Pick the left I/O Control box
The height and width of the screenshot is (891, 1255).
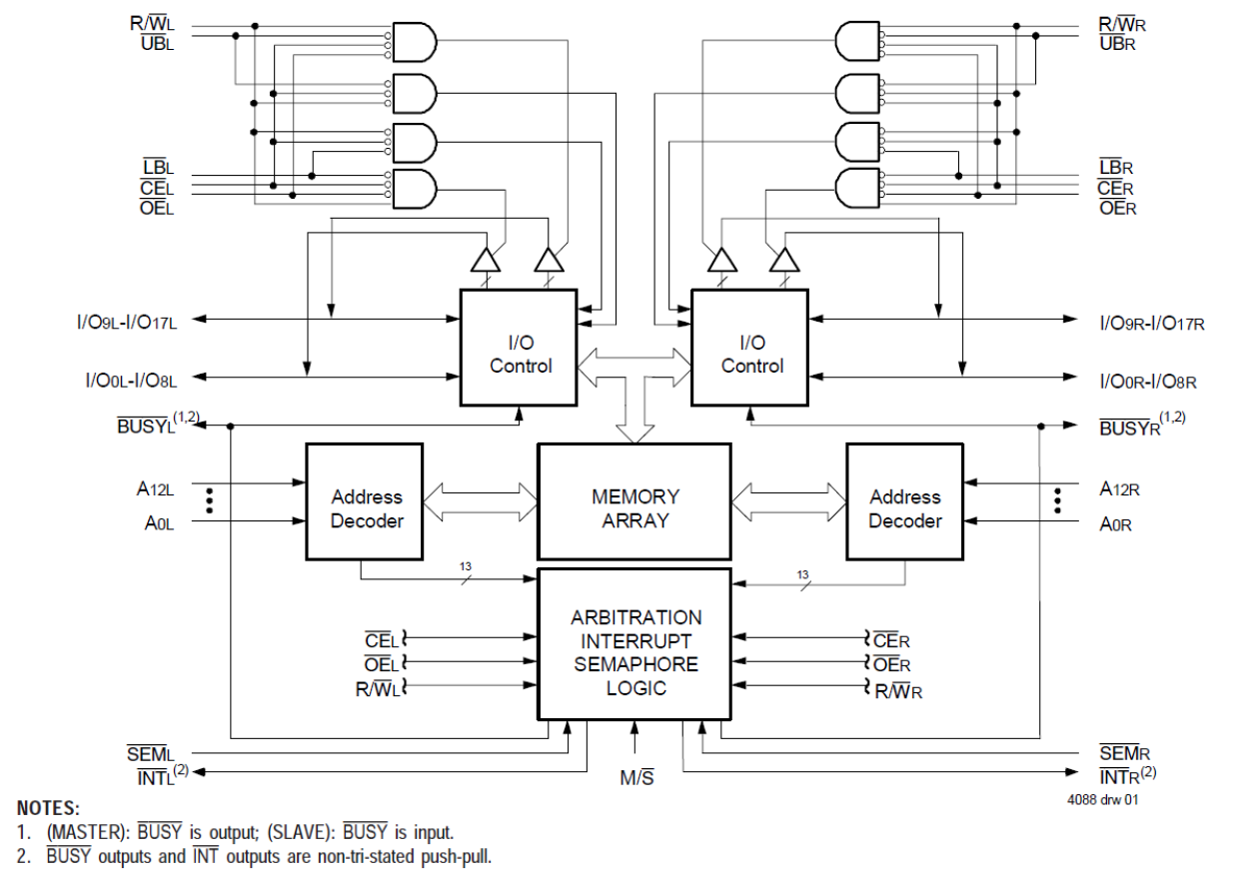point(520,348)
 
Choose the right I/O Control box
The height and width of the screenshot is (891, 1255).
point(751,348)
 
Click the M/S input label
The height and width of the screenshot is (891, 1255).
point(634,778)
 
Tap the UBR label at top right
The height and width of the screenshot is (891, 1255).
point(1117,44)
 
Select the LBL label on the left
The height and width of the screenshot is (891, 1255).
point(158,168)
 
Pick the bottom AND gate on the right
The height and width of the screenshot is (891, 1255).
point(857,187)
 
